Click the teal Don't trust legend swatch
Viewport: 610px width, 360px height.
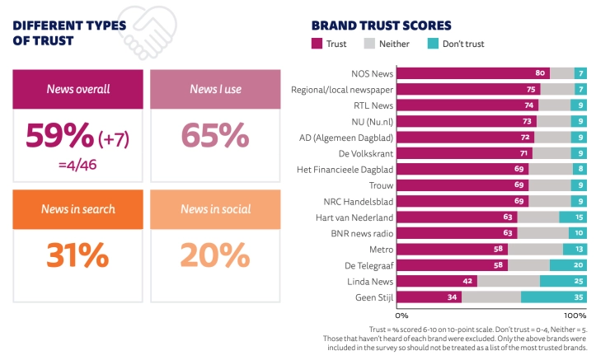coord(436,44)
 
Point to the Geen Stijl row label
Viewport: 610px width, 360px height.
coord(373,297)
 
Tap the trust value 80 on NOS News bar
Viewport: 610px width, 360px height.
coord(540,72)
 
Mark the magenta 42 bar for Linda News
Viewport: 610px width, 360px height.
coord(439,281)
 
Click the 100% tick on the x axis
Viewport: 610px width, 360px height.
coord(574,315)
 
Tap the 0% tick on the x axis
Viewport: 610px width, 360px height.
coord(403,315)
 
